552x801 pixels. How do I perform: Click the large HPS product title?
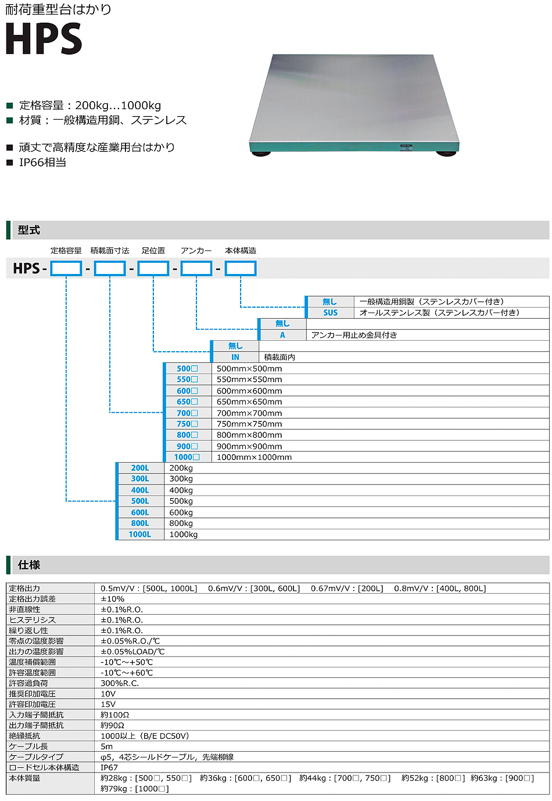[x=44, y=39]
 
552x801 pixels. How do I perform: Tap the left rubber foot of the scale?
[x=260, y=153]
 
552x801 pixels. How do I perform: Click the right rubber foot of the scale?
[x=446, y=154]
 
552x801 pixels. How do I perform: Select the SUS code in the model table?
[x=331, y=313]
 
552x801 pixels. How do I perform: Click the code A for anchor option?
[x=282, y=335]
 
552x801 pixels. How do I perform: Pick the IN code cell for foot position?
[x=235, y=357]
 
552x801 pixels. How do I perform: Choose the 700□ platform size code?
[x=187, y=413]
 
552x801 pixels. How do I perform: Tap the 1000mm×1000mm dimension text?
[x=254, y=457]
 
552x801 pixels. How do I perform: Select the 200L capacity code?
[x=140, y=468]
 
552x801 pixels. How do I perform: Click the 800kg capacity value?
[x=181, y=524]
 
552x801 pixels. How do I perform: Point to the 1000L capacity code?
[x=140, y=535]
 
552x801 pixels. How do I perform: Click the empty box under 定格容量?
[x=66, y=268]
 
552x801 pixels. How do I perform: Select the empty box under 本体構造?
[x=241, y=268]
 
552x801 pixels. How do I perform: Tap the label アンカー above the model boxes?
[x=196, y=251]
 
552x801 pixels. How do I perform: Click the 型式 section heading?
[x=29, y=230]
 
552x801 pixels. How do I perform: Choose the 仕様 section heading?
[x=29, y=565]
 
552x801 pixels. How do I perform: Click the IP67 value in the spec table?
[x=109, y=767]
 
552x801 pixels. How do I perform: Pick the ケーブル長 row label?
[x=28, y=746]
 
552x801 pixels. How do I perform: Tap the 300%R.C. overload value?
[x=120, y=683]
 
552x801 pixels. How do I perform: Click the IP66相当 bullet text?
[x=42, y=163]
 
